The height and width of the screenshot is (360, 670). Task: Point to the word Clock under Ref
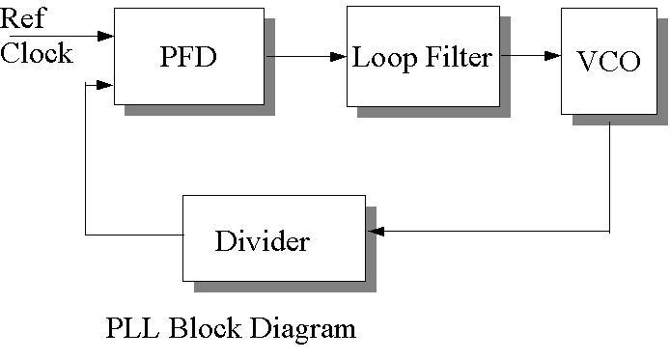tap(36, 52)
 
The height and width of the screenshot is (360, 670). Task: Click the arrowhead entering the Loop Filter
tap(339, 56)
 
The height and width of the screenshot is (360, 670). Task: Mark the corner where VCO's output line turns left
tap(609, 232)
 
